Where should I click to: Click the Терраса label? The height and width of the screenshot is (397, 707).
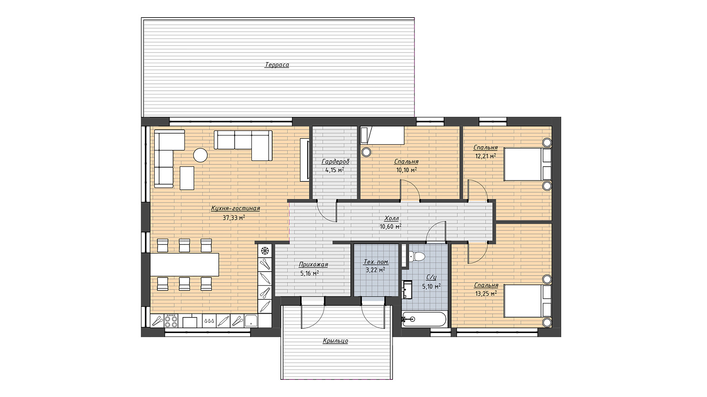coord(277,65)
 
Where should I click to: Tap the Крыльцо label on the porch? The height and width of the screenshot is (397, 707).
coord(335,341)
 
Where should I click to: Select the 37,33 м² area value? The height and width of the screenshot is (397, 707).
coord(234,217)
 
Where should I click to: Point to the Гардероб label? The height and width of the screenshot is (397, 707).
coord(335,161)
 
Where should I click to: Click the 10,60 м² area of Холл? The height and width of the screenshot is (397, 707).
coord(391,226)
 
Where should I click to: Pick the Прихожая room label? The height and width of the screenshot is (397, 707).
coord(313,265)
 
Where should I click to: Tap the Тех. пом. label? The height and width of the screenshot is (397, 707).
coord(376,262)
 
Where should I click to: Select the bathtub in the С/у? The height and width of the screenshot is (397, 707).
coord(425,319)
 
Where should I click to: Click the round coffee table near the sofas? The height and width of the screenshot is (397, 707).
coord(201,155)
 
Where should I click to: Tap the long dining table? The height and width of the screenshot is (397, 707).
coord(185,265)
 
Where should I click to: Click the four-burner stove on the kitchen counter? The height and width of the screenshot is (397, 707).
coord(171,321)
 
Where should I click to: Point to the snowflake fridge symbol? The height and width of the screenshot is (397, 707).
coord(265,251)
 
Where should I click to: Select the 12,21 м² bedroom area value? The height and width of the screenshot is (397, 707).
coord(486,156)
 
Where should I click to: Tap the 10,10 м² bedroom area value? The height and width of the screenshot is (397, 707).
coord(407,170)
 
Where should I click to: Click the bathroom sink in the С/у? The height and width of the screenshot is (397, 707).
coord(407,289)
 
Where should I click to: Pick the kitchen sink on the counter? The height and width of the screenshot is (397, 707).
coord(251,321)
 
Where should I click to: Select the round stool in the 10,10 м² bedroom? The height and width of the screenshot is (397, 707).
coord(366,152)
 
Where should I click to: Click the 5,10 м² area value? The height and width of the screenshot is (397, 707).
coord(431,286)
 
